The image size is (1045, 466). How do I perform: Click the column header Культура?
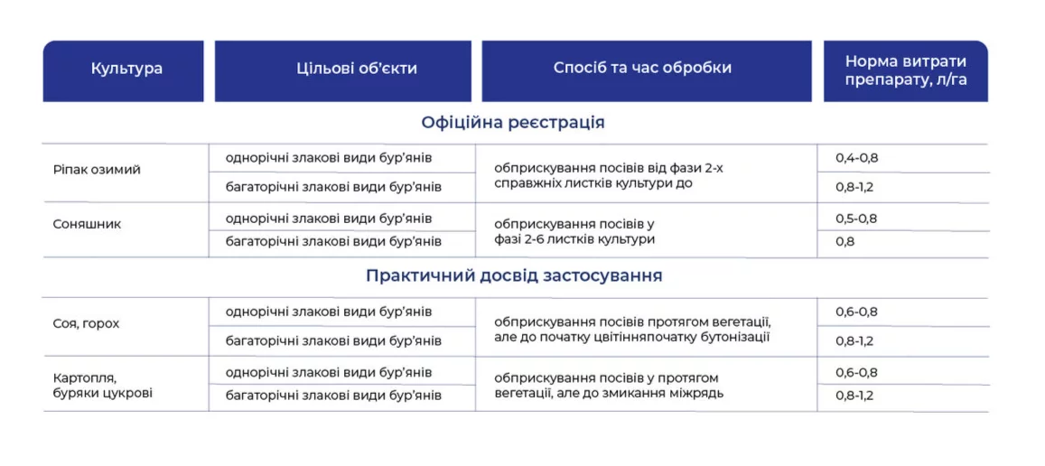coord(126,69)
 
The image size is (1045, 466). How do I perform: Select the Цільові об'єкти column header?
coord(357,69)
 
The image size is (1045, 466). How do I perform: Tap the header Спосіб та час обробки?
coord(642,69)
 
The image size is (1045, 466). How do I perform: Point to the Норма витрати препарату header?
coord(906,70)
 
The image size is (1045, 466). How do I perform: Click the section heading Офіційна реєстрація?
coord(513,123)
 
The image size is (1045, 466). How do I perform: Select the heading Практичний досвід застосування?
coord(514,276)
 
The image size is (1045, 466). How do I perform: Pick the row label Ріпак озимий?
coord(97,170)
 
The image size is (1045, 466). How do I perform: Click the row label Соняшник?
coord(87,224)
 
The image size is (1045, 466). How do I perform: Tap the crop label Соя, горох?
coord(86,324)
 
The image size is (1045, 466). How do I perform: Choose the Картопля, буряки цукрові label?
coord(103,386)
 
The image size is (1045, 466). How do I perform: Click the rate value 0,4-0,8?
coord(856,159)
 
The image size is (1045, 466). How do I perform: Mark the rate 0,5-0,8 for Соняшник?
coord(856,219)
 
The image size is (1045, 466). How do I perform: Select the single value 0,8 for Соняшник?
coord(845,242)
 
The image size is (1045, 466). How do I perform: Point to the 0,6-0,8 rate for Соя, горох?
coord(856,312)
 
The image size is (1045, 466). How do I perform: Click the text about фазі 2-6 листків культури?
coord(575,239)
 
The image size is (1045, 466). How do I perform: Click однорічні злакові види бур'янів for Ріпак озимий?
coord(330,159)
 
